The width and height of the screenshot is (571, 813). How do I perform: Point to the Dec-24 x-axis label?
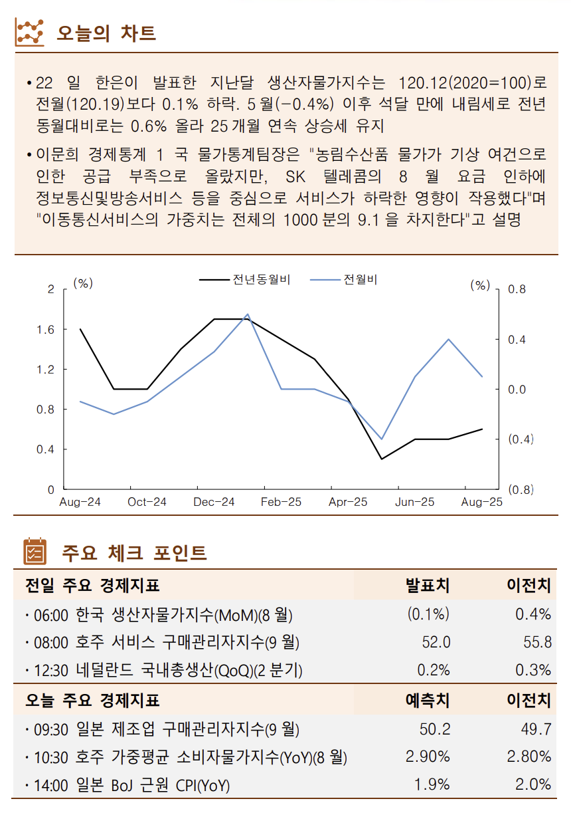click(x=214, y=503)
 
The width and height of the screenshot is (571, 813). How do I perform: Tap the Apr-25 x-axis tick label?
click(x=348, y=503)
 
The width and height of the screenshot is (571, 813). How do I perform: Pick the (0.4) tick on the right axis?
click(x=521, y=439)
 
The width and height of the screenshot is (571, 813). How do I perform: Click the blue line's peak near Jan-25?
click(x=248, y=314)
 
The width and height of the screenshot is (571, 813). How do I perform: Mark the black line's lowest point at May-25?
click(x=381, y=459)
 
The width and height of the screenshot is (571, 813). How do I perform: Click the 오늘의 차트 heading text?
click(x=107, y=33)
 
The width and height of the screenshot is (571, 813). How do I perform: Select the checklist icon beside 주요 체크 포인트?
click(x=35, y=552)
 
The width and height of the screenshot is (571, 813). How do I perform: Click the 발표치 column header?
click(x=428, y=586)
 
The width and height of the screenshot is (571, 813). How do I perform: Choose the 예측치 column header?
click(x=428, y=701)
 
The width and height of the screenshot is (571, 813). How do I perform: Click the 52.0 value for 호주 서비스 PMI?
click(x=436, y=642)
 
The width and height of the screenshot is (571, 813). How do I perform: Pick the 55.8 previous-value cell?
click(x=537, y=642)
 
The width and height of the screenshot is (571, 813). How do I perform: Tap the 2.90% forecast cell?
click(x=428, y=756)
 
